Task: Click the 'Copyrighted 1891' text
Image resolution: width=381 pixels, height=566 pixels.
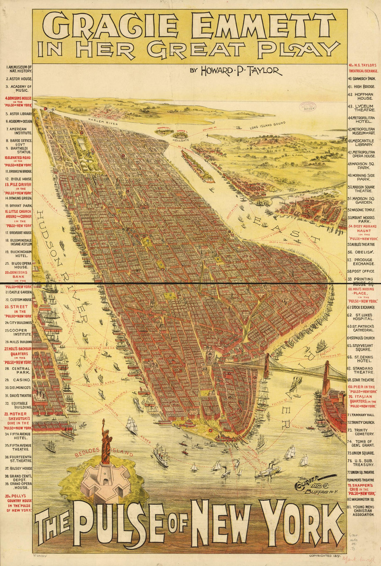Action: tap(324, 556)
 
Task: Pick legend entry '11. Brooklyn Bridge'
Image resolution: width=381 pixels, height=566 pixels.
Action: tap(18, 171)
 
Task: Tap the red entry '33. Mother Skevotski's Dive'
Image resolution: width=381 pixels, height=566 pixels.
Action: tap(18, 421)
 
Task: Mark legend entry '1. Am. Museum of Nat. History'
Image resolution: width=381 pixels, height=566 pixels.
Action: tap(18, 69)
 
